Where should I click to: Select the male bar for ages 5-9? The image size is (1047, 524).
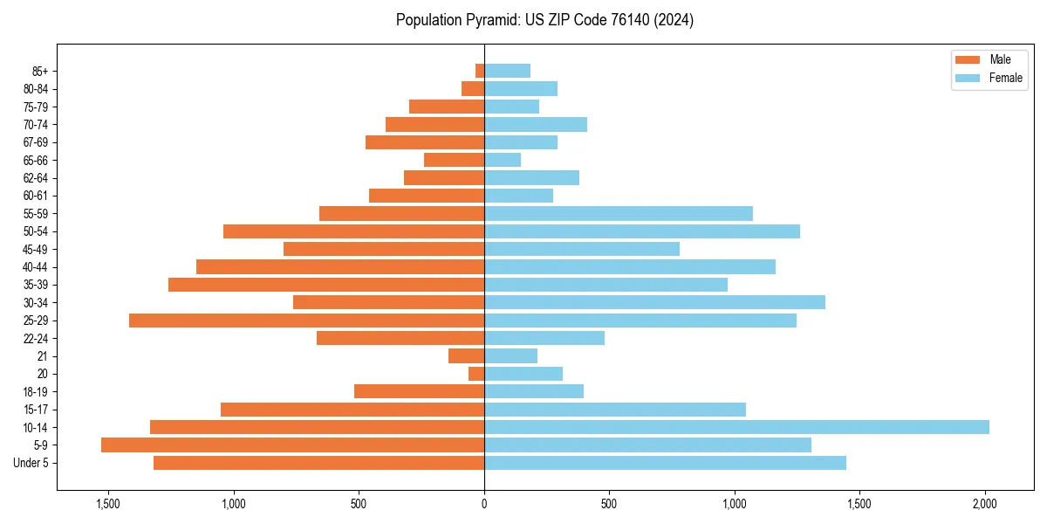[292, 445]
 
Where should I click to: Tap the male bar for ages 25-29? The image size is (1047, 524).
[306, 321]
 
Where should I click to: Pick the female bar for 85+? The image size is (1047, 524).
[507, 71]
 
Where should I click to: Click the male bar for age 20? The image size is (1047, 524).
[476, 374]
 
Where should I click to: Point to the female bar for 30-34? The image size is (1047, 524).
[654, 302]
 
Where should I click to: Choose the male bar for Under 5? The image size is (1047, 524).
[318, 463]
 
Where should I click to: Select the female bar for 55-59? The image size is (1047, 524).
[618, 213]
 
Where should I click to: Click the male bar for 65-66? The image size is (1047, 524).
[454, 160]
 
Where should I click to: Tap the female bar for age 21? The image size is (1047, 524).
[510, 355]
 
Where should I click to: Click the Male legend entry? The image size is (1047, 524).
[1000, 59]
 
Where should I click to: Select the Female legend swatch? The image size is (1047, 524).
[968, 78]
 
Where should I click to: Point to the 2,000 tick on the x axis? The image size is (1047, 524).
[985, 504]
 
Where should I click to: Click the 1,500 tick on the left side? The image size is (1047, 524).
[108, 504]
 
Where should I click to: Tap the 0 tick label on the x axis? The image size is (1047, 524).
[484, 504]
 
